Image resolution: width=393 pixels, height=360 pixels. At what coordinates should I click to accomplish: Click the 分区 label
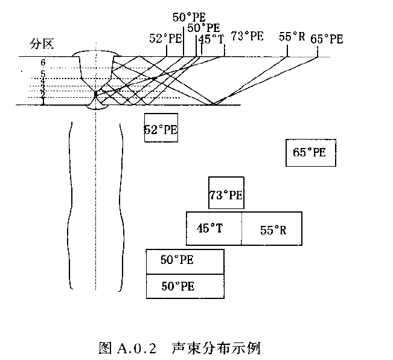pyautogui.click(x=42, y=43)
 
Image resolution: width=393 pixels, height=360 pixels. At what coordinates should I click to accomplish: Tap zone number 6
pyautogui.click(x=43, y=62)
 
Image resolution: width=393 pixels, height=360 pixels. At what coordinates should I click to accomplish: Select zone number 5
pyautogui.click(x=43, y=74)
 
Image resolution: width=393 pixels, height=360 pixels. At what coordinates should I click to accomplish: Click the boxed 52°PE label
pyautogui.click(x=161, y=128)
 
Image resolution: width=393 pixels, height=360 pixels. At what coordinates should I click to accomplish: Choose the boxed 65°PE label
pyautogui.click(x=310, y=152)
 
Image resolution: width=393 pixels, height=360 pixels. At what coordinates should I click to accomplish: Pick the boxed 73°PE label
pyautogui.click(x=226, y=194)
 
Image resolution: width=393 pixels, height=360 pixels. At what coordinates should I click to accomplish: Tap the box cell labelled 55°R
pyautogui.click(x=273, y=230)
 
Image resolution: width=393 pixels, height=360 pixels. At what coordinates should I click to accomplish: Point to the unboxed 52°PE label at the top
pyautogui.click(x=165, y=38)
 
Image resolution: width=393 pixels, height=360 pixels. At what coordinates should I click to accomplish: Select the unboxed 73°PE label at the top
pyautogui.click(x=248, y=36)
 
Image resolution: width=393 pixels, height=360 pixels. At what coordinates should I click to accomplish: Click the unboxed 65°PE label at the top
pyautogui.click(x=327, y=39)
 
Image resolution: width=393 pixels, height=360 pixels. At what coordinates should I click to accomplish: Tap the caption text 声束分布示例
pyautogui.click(x=216, y=349)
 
